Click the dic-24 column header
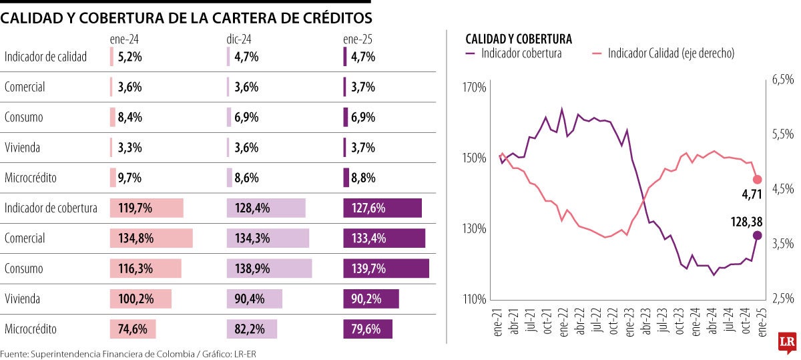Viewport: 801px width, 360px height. coord(239,40)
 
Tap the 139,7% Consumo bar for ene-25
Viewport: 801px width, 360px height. coord(386,268)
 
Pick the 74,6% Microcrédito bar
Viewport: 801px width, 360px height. coord(133,329)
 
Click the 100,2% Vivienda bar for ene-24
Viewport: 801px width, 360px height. coord(140,299)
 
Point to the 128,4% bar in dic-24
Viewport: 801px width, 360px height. coord(266,208)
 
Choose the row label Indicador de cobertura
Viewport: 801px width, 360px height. coord(51,208)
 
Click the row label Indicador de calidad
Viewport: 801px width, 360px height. coord(45,57)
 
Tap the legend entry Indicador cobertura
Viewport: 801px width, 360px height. coord(521,53)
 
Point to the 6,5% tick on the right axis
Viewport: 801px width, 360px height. coord(783,79)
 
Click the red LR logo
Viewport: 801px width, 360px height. coord(787,342)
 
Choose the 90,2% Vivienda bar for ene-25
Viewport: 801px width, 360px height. coord(370,299)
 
